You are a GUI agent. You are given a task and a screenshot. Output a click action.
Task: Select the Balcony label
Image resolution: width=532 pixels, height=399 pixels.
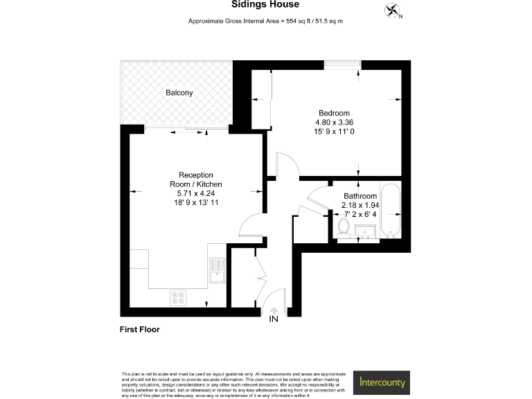(x=179, y=93)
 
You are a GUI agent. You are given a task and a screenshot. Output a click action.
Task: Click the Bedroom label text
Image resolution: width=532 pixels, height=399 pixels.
(x=334, y=113)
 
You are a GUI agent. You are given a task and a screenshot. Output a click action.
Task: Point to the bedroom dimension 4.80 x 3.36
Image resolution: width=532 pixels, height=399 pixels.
(x=334, y=123)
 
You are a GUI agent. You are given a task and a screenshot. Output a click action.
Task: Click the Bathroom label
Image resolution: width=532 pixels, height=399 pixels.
(x=360, y=196)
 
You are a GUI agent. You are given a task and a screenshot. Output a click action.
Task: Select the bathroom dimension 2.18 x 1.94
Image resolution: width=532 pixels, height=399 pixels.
(x=360, y=205)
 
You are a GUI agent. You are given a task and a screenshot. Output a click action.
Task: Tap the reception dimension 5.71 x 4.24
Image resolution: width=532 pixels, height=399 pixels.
(x=196, y=194)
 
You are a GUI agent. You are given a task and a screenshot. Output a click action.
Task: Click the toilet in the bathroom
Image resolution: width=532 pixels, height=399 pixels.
(x=343, y=225)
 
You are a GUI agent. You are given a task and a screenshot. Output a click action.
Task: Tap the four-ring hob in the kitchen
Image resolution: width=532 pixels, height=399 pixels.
(x=178, y=297)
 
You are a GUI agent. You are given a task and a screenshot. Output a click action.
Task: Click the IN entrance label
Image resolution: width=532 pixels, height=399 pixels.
(x=274, y=319)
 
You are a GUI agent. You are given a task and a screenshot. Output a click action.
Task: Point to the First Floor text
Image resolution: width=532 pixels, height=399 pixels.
(x=139, y=330)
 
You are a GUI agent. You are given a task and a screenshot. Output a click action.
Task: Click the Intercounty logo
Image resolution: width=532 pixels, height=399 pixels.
(x=383, y=382)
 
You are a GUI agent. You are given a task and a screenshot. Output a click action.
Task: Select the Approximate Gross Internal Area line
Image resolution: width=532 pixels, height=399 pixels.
(x=265, y=22)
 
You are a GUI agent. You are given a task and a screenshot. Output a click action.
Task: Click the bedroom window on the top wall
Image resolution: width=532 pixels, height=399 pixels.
(x=342, y=66)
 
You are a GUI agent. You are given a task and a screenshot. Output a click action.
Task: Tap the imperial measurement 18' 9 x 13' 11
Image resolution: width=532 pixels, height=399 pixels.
(x=196, y=204)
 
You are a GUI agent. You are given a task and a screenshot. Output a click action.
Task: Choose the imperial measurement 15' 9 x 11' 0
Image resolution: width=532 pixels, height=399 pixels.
(x=334, y=132)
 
